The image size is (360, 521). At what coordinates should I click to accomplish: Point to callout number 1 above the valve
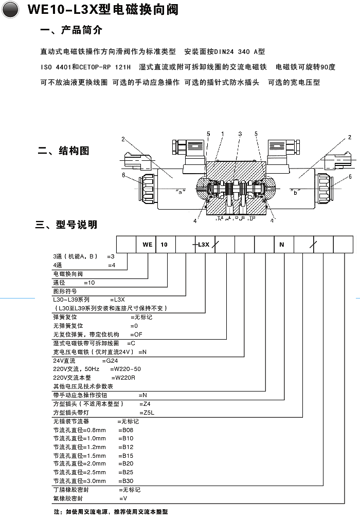[x=222, y=134]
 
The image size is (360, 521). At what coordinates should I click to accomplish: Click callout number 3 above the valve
[x=240, y=134]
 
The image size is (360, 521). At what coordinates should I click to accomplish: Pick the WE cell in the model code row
[x=147, y=245]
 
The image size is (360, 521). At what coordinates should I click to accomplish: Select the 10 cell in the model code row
[x=164, y=245]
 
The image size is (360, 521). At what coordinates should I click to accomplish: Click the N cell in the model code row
[x=281, y=245]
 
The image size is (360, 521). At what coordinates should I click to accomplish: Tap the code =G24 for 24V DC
[x=112, y=361]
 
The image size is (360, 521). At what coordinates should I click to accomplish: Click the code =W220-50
[x=125, y=369]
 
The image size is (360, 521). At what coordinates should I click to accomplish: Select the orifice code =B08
[x=126, y=430]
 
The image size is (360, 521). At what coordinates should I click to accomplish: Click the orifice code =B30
[x=126, y=481]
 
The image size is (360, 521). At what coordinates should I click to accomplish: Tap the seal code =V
[x=123, y=498]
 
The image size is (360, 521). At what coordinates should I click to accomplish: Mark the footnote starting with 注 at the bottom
[x=111, y=512]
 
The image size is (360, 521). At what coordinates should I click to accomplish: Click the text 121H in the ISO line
[x=123, y=67]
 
